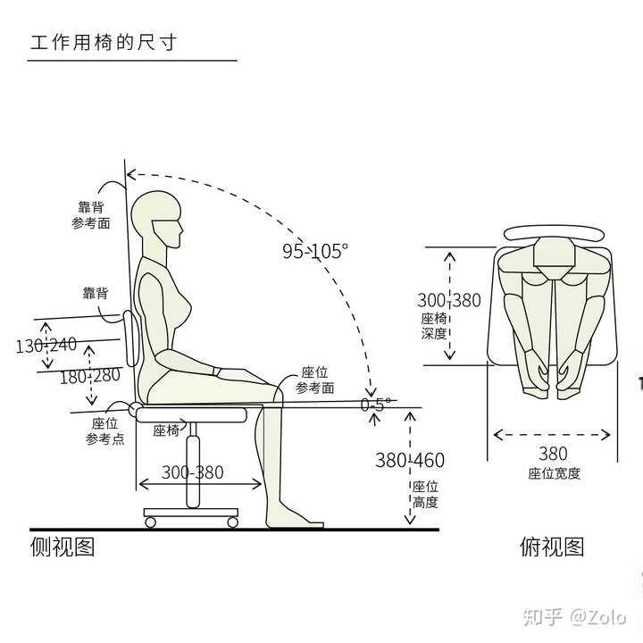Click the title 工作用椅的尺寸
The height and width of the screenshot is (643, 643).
[103, 42]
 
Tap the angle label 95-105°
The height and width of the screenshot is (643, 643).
[314, 252]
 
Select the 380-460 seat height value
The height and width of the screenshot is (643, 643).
[409, 461]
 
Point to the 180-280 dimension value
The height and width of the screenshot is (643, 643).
[89, 376]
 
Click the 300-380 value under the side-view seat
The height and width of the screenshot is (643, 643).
[193, 472]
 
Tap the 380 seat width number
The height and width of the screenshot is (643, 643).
[553, 455]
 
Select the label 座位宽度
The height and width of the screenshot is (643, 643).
[554, 474]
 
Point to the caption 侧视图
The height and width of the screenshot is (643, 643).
[63, 546]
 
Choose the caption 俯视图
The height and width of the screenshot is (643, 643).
[552, 546]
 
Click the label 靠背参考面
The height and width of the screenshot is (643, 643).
[91, 214]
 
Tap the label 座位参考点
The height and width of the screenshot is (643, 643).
[104, 431]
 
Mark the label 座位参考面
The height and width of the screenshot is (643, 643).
[315, 380]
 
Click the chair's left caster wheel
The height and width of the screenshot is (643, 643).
[149, 522]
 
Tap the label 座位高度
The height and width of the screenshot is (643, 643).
[425, 494]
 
